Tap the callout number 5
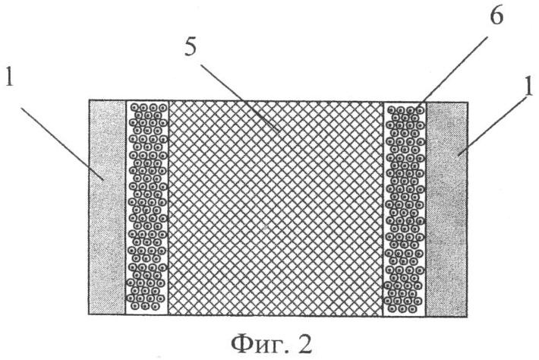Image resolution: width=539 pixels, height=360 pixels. click(191, 47)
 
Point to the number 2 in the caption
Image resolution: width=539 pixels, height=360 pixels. click(304, 345)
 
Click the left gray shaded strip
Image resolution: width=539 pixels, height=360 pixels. click(107, 207)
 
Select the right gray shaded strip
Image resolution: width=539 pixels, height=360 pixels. click(446, 209)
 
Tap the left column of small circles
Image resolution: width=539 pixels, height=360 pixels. click(147, 207)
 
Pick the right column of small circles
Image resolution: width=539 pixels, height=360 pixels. click(405, 209)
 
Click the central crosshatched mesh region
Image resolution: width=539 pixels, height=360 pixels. click(276, 208)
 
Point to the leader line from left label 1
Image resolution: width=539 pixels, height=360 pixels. click(62, 144)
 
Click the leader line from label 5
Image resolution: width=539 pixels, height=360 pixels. click(240, 98)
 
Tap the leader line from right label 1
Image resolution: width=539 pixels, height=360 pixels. click(493, 125)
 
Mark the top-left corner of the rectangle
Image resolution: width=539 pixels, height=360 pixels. click(89, 100)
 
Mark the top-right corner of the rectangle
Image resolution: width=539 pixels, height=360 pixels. click(468, 102)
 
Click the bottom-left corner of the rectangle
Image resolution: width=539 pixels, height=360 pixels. click(89, 314)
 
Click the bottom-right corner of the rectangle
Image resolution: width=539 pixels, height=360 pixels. click(467, 317)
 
